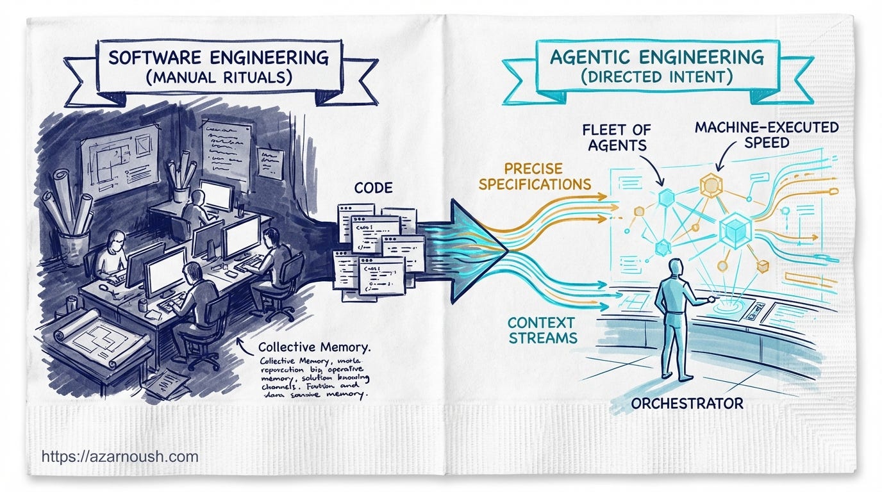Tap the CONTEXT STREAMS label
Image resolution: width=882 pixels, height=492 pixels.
(x=542, y=329)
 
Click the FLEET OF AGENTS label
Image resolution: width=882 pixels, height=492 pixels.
(x=615, y=137)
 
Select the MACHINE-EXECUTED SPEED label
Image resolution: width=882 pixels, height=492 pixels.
(x=767, y=135)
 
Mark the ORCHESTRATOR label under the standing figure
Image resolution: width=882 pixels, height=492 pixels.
(x=687, y=404)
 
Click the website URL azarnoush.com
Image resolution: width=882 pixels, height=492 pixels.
(x=120, y=457)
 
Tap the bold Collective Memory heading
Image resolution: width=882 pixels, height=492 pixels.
(x=314, y=348)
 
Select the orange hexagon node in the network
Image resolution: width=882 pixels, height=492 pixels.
(x=711, y=186)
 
